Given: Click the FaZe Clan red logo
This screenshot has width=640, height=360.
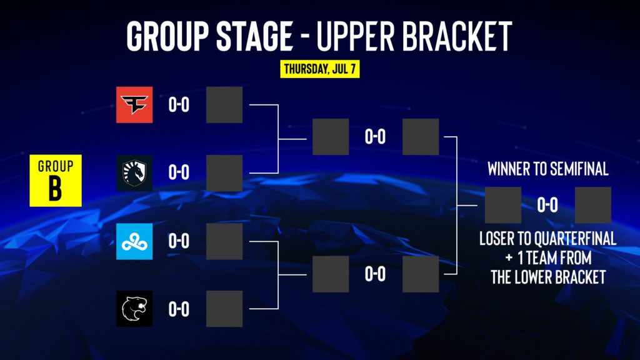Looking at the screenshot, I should [x=134, y=104].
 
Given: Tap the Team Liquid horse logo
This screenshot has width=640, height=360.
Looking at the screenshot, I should [x=134, y=172].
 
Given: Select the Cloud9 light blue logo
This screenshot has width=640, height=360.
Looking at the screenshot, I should [x=134, y=241].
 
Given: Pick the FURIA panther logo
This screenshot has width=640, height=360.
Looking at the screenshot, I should [x=134, y=309].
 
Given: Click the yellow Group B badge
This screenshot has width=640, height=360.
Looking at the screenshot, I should [x=56, y=181].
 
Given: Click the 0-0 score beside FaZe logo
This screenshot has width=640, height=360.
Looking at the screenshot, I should [x=179, y=104].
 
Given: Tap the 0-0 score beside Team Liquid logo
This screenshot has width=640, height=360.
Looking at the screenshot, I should [x=179, y=172].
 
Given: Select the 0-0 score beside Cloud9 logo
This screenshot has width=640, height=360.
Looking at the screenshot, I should [x=179, y=241].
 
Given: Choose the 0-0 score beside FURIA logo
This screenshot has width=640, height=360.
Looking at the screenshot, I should [x=179, y=309].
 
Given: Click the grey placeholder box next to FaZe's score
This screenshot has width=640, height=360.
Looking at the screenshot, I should [x=224, y=104].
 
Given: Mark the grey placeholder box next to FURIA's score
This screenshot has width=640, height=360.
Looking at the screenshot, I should [x=224, y=309].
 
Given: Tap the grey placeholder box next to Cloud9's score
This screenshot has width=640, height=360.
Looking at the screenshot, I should [x=224, y=241].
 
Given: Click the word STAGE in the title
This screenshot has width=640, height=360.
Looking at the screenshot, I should [x=254, y=36].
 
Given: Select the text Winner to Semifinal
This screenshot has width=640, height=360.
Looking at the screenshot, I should [x=547, y=169].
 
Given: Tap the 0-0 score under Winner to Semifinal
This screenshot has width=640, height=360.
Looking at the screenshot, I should [x=547, y=205].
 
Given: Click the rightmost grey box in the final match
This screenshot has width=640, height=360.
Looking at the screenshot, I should [x=592, y=205].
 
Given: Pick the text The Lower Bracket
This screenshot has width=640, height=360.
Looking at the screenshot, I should [x=547, y=277].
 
